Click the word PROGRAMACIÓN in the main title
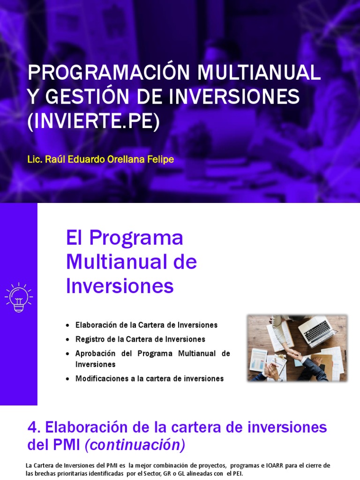(109, 73)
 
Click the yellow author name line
(101, 160)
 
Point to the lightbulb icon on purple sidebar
(18, 297)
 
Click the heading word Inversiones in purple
(120, 286)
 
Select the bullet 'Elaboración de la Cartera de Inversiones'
(146, 325)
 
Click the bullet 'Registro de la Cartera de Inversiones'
(140, 339)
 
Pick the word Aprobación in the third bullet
(97, 353)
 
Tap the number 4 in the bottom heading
(32, 427)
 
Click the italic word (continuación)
(135, 445)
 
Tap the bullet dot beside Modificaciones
(68, 379)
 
